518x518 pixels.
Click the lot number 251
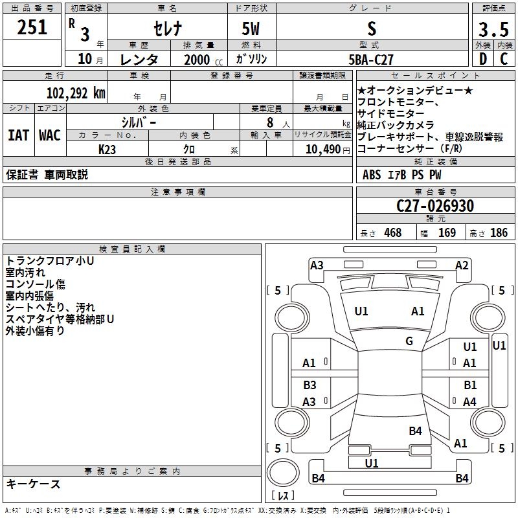[x=32, y=27]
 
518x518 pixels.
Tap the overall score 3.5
[x=493, y=30]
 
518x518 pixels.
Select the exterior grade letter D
[x=482, y=58]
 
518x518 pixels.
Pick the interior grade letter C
[x=504, y=58]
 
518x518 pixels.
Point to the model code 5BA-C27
[x=371, y=59]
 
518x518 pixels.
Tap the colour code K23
[x=107, y=149]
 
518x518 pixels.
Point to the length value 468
[x=392, y=232]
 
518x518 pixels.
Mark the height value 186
[x=498, y=232]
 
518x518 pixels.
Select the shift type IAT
[x=17, y=135]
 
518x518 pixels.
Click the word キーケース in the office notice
[x=33, y=484]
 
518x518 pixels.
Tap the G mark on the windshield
[x=409, y=341]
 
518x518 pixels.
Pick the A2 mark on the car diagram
[x=462, y=265]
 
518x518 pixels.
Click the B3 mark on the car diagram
[x=310, y=385]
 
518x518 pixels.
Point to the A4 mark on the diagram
[x=469, y=402]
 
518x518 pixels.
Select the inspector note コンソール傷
[x=35, y=284]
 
